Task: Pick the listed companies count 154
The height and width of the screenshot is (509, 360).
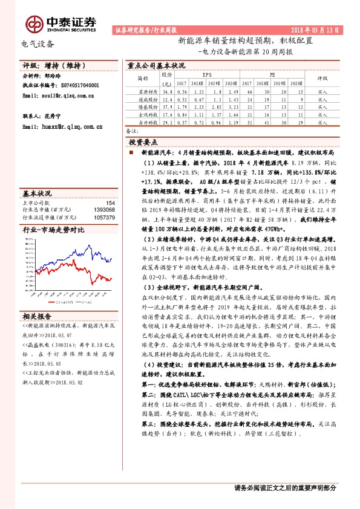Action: [x=110, y=203]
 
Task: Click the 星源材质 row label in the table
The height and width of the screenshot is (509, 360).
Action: [x=143, y=91]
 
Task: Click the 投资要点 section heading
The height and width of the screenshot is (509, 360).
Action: [x=143, y=141]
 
